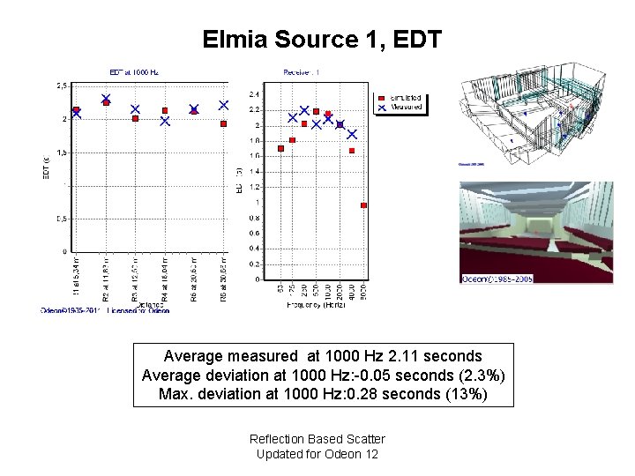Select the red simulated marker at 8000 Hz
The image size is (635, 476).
[x=363, y=205]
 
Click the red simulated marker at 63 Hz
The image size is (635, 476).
[x=280, y=148]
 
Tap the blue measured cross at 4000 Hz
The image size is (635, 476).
[x=352, y=135]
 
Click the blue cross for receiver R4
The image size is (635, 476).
[x=165, y=122]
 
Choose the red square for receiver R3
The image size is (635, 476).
[x=135, y=118]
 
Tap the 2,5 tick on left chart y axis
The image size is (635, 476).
[x=61, y=86]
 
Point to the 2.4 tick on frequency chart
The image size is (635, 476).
[x=254, y=93]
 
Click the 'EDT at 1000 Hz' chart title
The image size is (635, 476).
[x=134, y=71]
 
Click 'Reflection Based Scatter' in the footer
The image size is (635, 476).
[x=317, y=439]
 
